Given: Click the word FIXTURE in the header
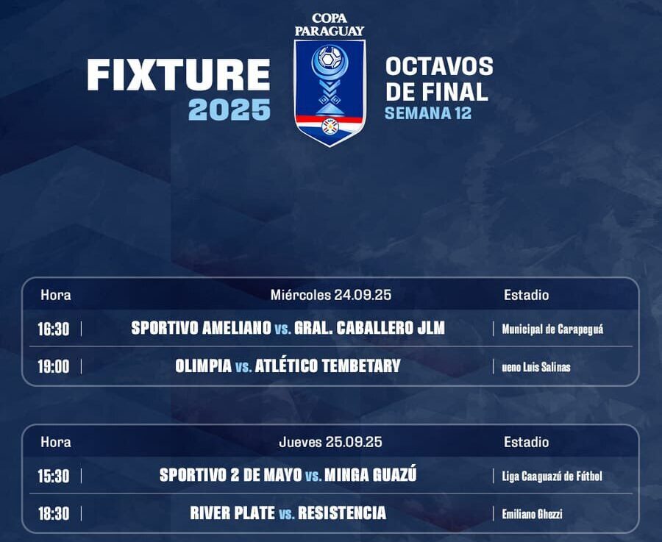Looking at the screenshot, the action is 178,75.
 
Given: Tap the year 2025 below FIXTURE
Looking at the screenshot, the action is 229,110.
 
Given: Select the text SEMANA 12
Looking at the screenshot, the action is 428,113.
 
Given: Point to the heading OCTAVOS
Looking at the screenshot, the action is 440,67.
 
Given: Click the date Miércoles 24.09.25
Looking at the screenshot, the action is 330,295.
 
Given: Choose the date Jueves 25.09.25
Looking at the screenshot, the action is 330,442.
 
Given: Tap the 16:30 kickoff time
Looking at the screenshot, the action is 53,329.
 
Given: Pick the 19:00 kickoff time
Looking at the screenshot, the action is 53,366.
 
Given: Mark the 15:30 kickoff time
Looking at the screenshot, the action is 53,476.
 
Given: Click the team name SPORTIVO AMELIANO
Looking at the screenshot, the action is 201,328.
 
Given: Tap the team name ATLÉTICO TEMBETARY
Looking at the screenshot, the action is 327,366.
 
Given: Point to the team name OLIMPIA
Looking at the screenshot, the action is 204,366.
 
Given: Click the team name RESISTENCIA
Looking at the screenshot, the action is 342,513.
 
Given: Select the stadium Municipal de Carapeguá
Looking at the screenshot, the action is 552,329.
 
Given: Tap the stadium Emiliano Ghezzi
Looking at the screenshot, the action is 532,514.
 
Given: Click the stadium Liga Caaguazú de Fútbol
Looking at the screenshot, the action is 552,477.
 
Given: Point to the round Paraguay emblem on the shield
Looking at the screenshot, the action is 330,126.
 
